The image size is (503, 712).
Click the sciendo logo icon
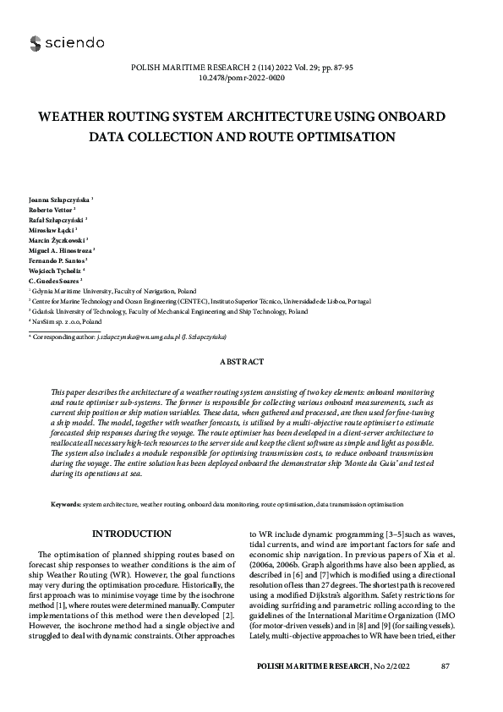(x=35, y=42)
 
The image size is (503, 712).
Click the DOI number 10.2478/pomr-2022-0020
(x=251, y=77)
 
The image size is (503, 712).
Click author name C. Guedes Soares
(x=54, y=280)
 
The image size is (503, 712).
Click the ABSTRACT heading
(x=242, y=362)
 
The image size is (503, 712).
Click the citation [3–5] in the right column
(x=379, y=535)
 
